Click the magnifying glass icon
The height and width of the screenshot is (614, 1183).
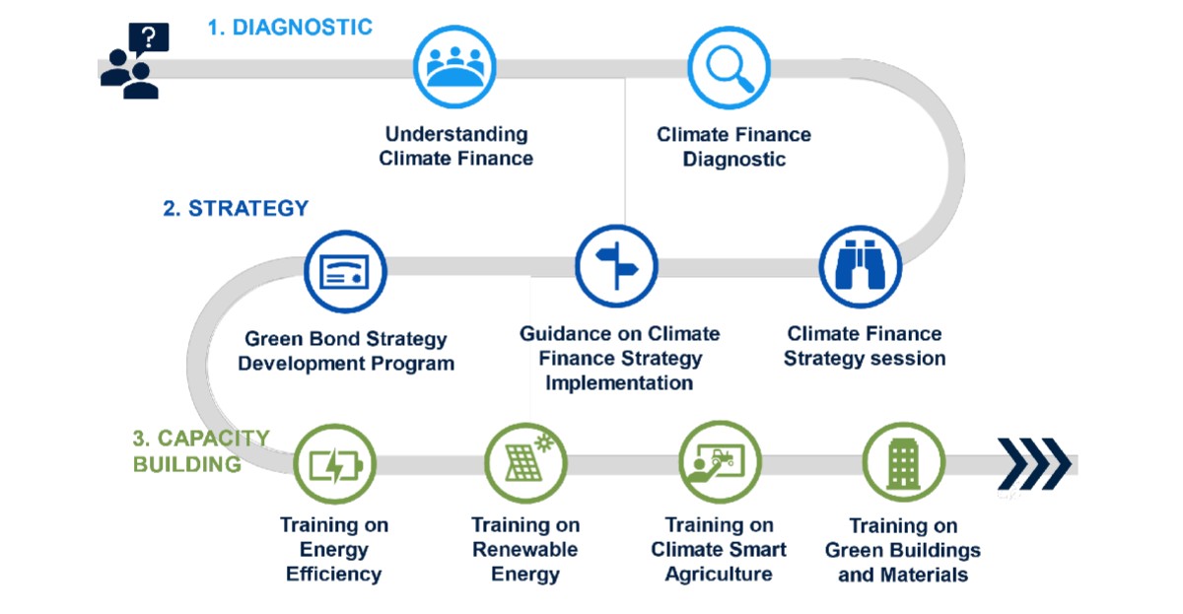pyautogui.click(x=729, y=68)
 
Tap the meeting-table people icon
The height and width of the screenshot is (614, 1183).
pyautogui.click(x=454, y=66)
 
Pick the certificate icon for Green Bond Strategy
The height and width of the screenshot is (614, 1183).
pyautogui.click(x=345, y=271)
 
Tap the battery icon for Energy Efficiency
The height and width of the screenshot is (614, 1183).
pyautogui.click(x=335, y=464)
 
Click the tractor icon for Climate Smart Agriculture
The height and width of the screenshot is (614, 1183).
pyautogui.click(x=720, y=462)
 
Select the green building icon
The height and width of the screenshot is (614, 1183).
pyautogui.click(x=904, y=462)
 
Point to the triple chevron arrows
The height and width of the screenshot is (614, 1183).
pyautogui.click(x=1033, y=464)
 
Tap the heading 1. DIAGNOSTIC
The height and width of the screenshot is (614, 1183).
pyautogui.click(x=290, y=28)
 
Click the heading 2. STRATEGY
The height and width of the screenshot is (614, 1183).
pyautogui.click(x=236, y=209)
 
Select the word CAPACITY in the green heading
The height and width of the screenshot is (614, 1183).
pyautogui.click(x=213, y=439)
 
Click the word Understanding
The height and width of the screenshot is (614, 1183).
pyautogui.click(x=456, y=135)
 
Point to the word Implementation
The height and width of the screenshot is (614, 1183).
pyautogui.click(x=619, y=383)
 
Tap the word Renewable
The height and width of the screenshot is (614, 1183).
pyautogui.click(x=524, y=550)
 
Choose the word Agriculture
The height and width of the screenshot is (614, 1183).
pyautogui.click(x=719, y=575)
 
